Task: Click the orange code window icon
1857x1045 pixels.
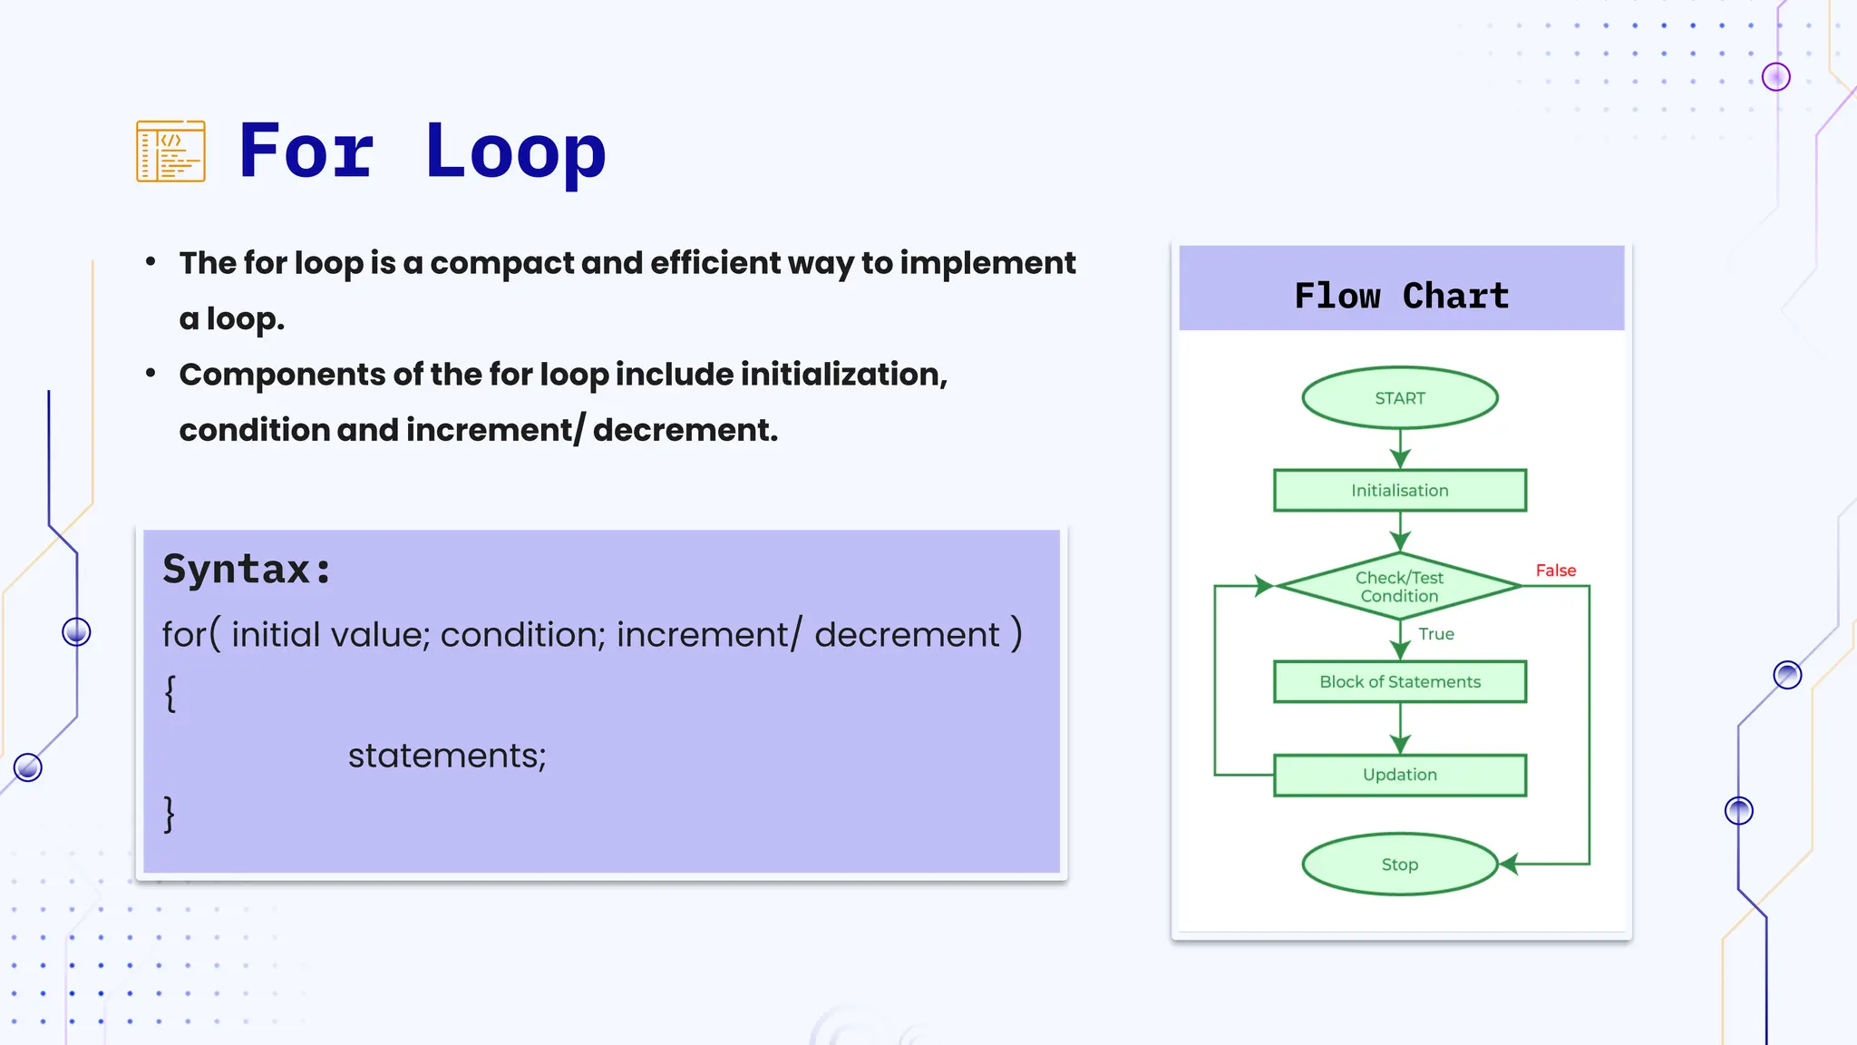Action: point(170,151)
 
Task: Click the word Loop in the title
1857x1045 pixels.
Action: point(514,151)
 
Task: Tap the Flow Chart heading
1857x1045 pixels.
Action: point(1401,296)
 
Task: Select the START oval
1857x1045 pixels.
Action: point(1399,398)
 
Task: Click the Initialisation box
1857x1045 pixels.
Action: point(1399,491)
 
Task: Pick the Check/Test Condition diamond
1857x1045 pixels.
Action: point(1399,587)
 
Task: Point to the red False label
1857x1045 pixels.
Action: point(1555,571)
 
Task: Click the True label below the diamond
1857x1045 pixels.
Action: point(1436,634)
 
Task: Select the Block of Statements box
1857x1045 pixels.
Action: point(1399,682)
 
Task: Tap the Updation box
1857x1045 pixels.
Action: point(1399,775)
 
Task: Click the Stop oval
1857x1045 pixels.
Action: point(1399,864)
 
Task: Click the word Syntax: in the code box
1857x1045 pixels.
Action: point(247,570)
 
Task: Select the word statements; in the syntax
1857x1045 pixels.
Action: point(447,756)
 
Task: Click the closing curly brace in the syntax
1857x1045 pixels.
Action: point(170,814)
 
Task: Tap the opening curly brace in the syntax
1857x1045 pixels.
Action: point(170,694)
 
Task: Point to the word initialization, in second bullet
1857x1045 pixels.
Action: point(843,375)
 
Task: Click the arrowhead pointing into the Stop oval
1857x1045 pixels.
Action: point(1509,864)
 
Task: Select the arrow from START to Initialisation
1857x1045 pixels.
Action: point(1400,449)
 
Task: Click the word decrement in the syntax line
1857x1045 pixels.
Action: point(907,634)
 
